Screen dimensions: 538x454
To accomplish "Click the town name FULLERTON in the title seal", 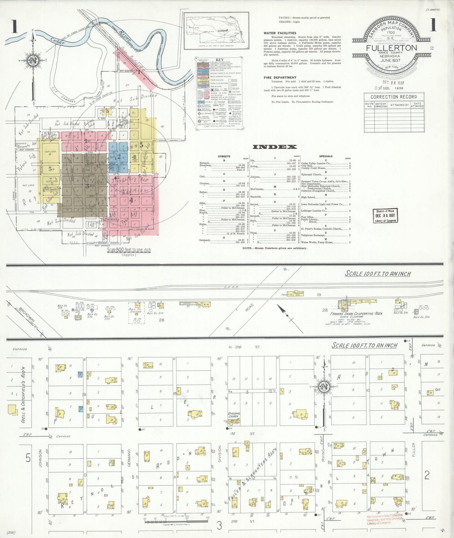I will point(391,48).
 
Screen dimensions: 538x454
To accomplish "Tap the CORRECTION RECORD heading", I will point(394,97).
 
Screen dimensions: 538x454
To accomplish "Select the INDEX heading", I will point(275,147).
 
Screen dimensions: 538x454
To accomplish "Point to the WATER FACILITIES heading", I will point(280,33).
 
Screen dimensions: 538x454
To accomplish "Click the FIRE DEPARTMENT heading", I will point(280,78).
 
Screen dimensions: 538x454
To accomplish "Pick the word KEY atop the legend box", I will point(220,60).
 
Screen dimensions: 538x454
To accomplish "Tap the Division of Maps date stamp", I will point(385,216).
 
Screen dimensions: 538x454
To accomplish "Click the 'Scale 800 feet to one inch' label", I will point(129,250).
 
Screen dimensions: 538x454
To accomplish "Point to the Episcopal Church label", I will point(234,415).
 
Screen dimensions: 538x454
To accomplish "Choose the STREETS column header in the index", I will point(224,156).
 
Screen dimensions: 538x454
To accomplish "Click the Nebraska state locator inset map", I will point(216,31).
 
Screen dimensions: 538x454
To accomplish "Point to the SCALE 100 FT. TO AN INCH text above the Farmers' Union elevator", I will point(378,274).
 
